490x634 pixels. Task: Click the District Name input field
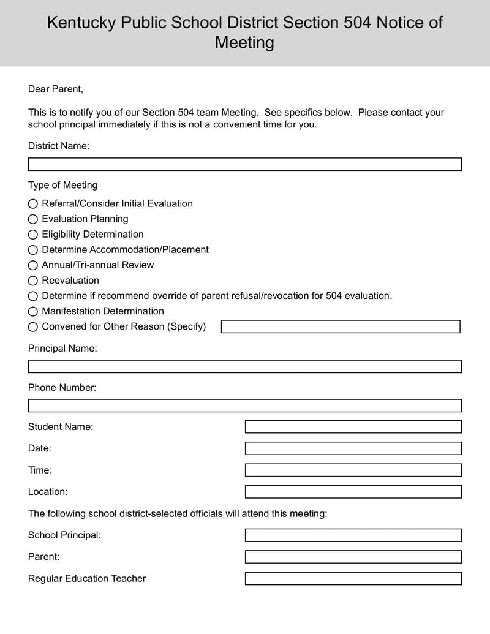coord(245,164)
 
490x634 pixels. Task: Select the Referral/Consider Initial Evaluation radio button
coord(33,204)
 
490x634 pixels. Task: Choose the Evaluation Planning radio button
coord(33,219)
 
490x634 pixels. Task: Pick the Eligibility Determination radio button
coord(33,235)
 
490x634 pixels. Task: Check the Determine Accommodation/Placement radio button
coord(33,250)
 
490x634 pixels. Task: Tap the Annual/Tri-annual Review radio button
coord(33,265)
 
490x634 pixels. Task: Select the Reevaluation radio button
coord(33,281)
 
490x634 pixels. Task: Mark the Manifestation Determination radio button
coord(33,311)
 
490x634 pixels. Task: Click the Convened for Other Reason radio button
coord(33,327)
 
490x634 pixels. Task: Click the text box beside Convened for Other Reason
coord(341,326)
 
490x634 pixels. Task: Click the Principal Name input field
coord(245,366)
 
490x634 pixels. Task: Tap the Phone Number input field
coord(245,406)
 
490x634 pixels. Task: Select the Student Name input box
coord(353,426)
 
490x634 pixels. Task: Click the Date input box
coord(353,448)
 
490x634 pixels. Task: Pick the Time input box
coord(353,470)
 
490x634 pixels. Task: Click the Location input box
coord(353,492)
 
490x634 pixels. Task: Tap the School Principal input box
coord(353,535)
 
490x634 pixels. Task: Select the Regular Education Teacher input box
coord(353,578)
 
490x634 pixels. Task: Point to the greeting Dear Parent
coord(55,89)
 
